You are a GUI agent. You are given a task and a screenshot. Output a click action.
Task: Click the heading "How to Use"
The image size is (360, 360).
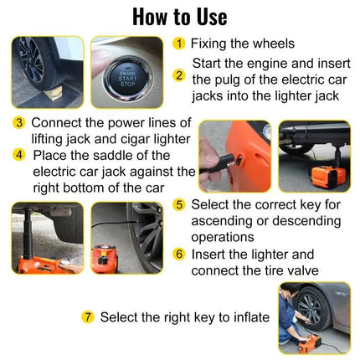[x=179, y=16]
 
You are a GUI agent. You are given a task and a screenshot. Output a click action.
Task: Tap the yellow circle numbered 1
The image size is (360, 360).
[x=179, y=44]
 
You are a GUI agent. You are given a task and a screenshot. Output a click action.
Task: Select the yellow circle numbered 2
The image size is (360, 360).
[x=179, y=75]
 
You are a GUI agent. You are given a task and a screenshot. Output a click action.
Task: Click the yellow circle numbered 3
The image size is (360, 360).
[x=18, y=123]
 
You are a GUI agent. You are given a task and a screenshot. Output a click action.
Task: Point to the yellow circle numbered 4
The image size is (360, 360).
[x=18, y=155]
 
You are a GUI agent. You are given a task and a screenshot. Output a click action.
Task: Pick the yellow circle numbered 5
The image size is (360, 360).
[x=179, y=204]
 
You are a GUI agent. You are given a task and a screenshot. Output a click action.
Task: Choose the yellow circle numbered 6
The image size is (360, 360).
[x=179, y=254]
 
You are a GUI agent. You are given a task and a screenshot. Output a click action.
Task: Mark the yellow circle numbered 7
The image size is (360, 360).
[x=88, y=317]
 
